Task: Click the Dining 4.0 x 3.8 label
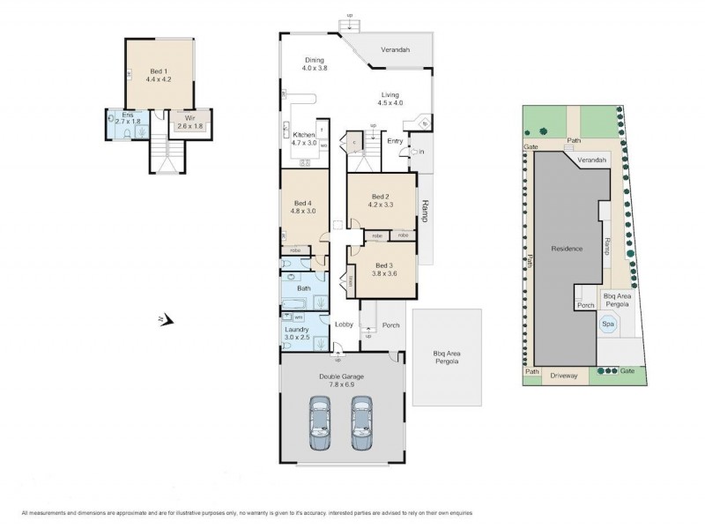point(315,63)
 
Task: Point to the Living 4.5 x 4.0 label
point(390,99)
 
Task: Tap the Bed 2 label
point(380,200)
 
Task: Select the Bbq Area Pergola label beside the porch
point(447,358)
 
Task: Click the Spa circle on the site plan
point(606,324)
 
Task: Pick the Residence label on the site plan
point(567,249)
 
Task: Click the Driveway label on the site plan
point(563,376)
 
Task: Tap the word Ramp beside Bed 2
point(425,212)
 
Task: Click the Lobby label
point(344,324)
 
